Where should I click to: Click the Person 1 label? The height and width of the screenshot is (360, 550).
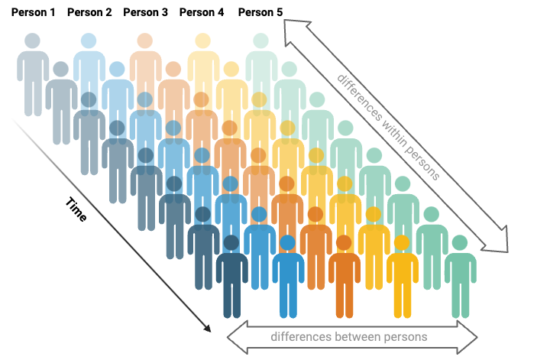[x=33, y=12]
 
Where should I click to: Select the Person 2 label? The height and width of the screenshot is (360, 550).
[x=89, y=12]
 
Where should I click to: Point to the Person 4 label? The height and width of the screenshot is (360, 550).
[x=202, y=12]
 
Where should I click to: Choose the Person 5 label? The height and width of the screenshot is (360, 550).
[x=260, y=12]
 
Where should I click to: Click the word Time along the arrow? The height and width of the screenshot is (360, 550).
[x=76, y=209]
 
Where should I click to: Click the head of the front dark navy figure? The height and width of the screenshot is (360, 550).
[x=231, y=243]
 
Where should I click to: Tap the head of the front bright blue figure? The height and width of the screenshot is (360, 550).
[x=288, y=243]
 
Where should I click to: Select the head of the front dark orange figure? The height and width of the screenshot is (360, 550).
[x=345, y=243]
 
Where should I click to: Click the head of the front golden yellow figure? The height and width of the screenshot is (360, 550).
[x=402, y=243]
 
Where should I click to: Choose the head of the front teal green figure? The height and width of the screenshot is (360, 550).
[x=460, y=243]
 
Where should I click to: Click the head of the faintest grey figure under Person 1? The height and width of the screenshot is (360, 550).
[x=31, y=41]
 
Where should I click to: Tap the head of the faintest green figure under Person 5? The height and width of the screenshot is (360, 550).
[x=260, y=41]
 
